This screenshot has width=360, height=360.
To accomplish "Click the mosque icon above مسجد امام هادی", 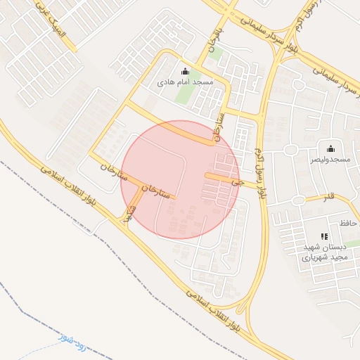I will (x=185, y=71).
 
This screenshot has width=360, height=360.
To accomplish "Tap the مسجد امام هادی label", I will (x=185, y=82).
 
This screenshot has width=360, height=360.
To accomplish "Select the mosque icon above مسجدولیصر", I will (x=330, y=148).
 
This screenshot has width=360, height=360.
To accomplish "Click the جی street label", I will (x=243, y=181).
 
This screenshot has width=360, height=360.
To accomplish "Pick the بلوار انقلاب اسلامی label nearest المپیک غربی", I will (x=70, y=180).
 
